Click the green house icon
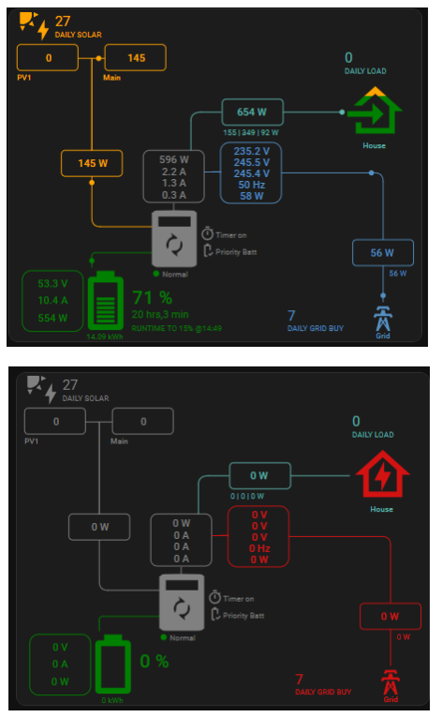(x=375, y=112)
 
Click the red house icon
(x=383, y=473)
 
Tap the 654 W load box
(x=252, y=112)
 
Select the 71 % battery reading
(x=153, y=298)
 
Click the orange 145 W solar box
(x=92, y=163)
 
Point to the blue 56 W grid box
(x=383, y=253)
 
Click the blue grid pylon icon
(x=383, y=319)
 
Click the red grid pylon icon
(x=390, y=681)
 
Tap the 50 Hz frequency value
(x=251, y=185)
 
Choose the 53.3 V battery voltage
(x=52, y=283)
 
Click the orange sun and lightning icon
(x=34, y=25)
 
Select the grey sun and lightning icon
(x=41, y=389)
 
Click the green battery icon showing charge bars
(x=106, y=301)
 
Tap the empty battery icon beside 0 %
(x=113, y=664)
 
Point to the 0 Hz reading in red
(x=259, y=548)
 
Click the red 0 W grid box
(x=390, y=617)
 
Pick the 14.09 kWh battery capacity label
(x=105, y=336)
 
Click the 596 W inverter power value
(x=173, y=159)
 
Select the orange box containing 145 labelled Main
(x=135, y=57)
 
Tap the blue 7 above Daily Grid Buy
(x=291, y=316)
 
